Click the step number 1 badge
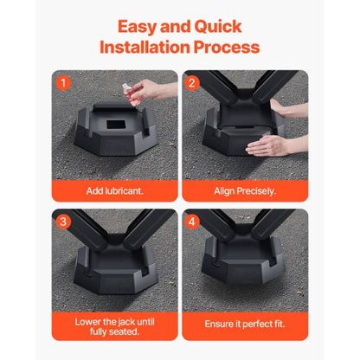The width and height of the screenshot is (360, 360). [x=61, y=83]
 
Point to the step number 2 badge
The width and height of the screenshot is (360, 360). [x=192, y=83]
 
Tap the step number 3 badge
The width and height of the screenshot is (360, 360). [x=61, y=221]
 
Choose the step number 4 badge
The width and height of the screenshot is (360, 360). [x=192, y=221]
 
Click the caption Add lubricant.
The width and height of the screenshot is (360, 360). [x=114, y=190]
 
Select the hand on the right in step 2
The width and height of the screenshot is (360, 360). [x=282, y=107]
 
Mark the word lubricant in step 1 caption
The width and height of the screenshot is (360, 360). [x=125, y=190]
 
